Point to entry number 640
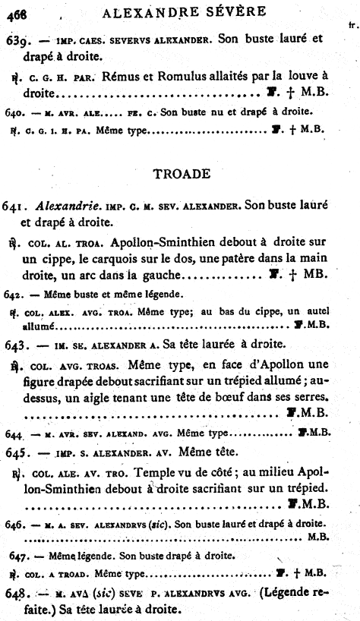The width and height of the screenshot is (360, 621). [15, 112]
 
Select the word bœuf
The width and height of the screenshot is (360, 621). [233, 397]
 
